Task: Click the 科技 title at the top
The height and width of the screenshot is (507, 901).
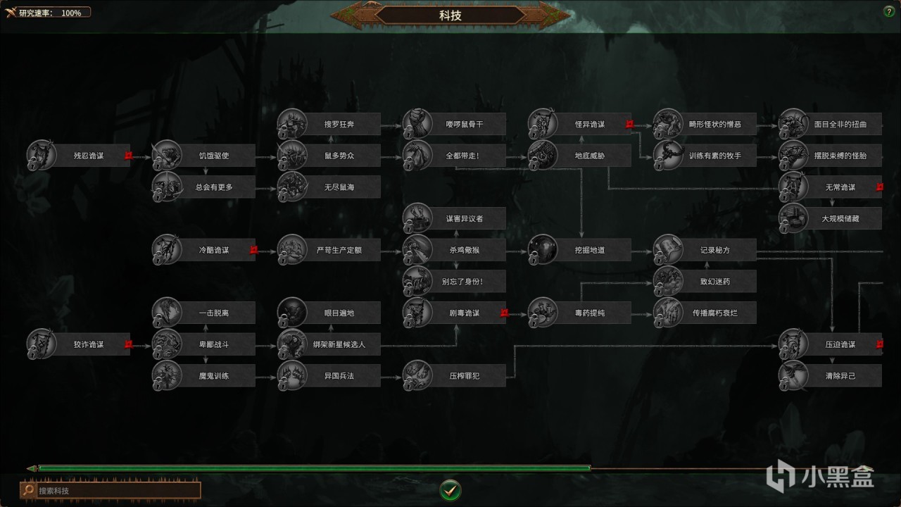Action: point(450,15)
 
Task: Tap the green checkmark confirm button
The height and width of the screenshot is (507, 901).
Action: point(450,489)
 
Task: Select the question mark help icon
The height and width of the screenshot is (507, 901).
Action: point(888,11)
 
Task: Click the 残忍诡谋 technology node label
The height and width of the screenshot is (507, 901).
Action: point(89,156)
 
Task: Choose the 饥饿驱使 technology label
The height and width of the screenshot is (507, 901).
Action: point(214,156)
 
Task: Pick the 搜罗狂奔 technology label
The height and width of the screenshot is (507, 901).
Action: point(339,125)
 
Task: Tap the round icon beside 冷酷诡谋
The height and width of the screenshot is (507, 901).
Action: point(166,250)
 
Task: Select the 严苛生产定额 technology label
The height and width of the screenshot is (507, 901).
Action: point(339,250)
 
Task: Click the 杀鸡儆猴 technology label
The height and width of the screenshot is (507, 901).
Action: point(465,250)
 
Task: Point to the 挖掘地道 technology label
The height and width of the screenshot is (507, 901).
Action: point(590,250)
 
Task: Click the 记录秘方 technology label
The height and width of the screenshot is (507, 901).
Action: point(715,250)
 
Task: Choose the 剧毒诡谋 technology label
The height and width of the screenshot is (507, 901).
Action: point(465,313)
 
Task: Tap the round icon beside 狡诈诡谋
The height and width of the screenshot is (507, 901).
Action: point(41,344)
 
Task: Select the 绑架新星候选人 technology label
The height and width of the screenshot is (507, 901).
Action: point(339,344)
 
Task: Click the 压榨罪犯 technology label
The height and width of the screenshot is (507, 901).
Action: point(465,375)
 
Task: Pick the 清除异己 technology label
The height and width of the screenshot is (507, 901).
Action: point(840,375)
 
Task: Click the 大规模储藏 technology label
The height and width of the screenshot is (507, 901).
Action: point(840,218)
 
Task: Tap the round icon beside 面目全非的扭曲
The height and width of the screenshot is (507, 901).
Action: point(793,125)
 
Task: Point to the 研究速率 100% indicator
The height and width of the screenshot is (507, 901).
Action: point(49,13)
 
